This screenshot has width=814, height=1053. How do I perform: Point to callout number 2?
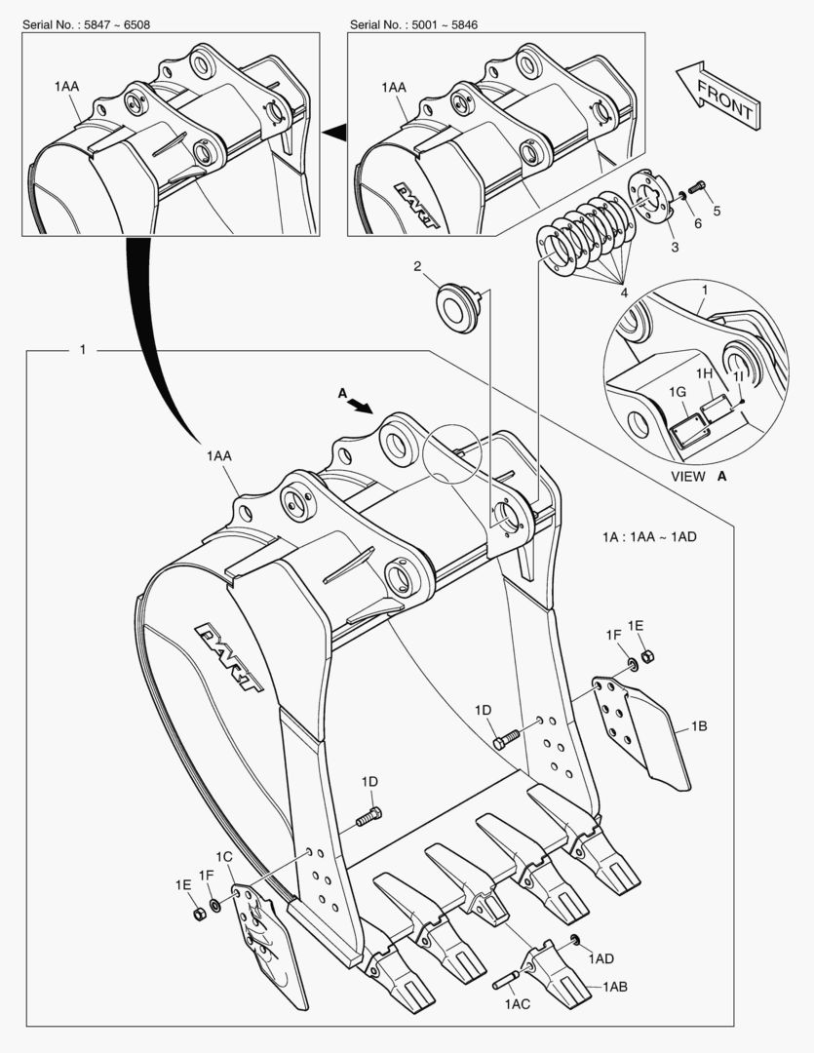point(416,266)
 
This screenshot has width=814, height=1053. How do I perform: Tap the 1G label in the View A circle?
point(679,391)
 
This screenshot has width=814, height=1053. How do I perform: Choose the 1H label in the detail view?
point(704,373)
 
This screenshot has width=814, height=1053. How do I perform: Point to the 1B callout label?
point(699,725)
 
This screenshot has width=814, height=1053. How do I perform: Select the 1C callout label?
point(224,856)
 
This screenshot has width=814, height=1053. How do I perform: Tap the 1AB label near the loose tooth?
point(615,987)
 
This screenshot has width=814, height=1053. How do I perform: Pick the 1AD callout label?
point(601,958)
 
